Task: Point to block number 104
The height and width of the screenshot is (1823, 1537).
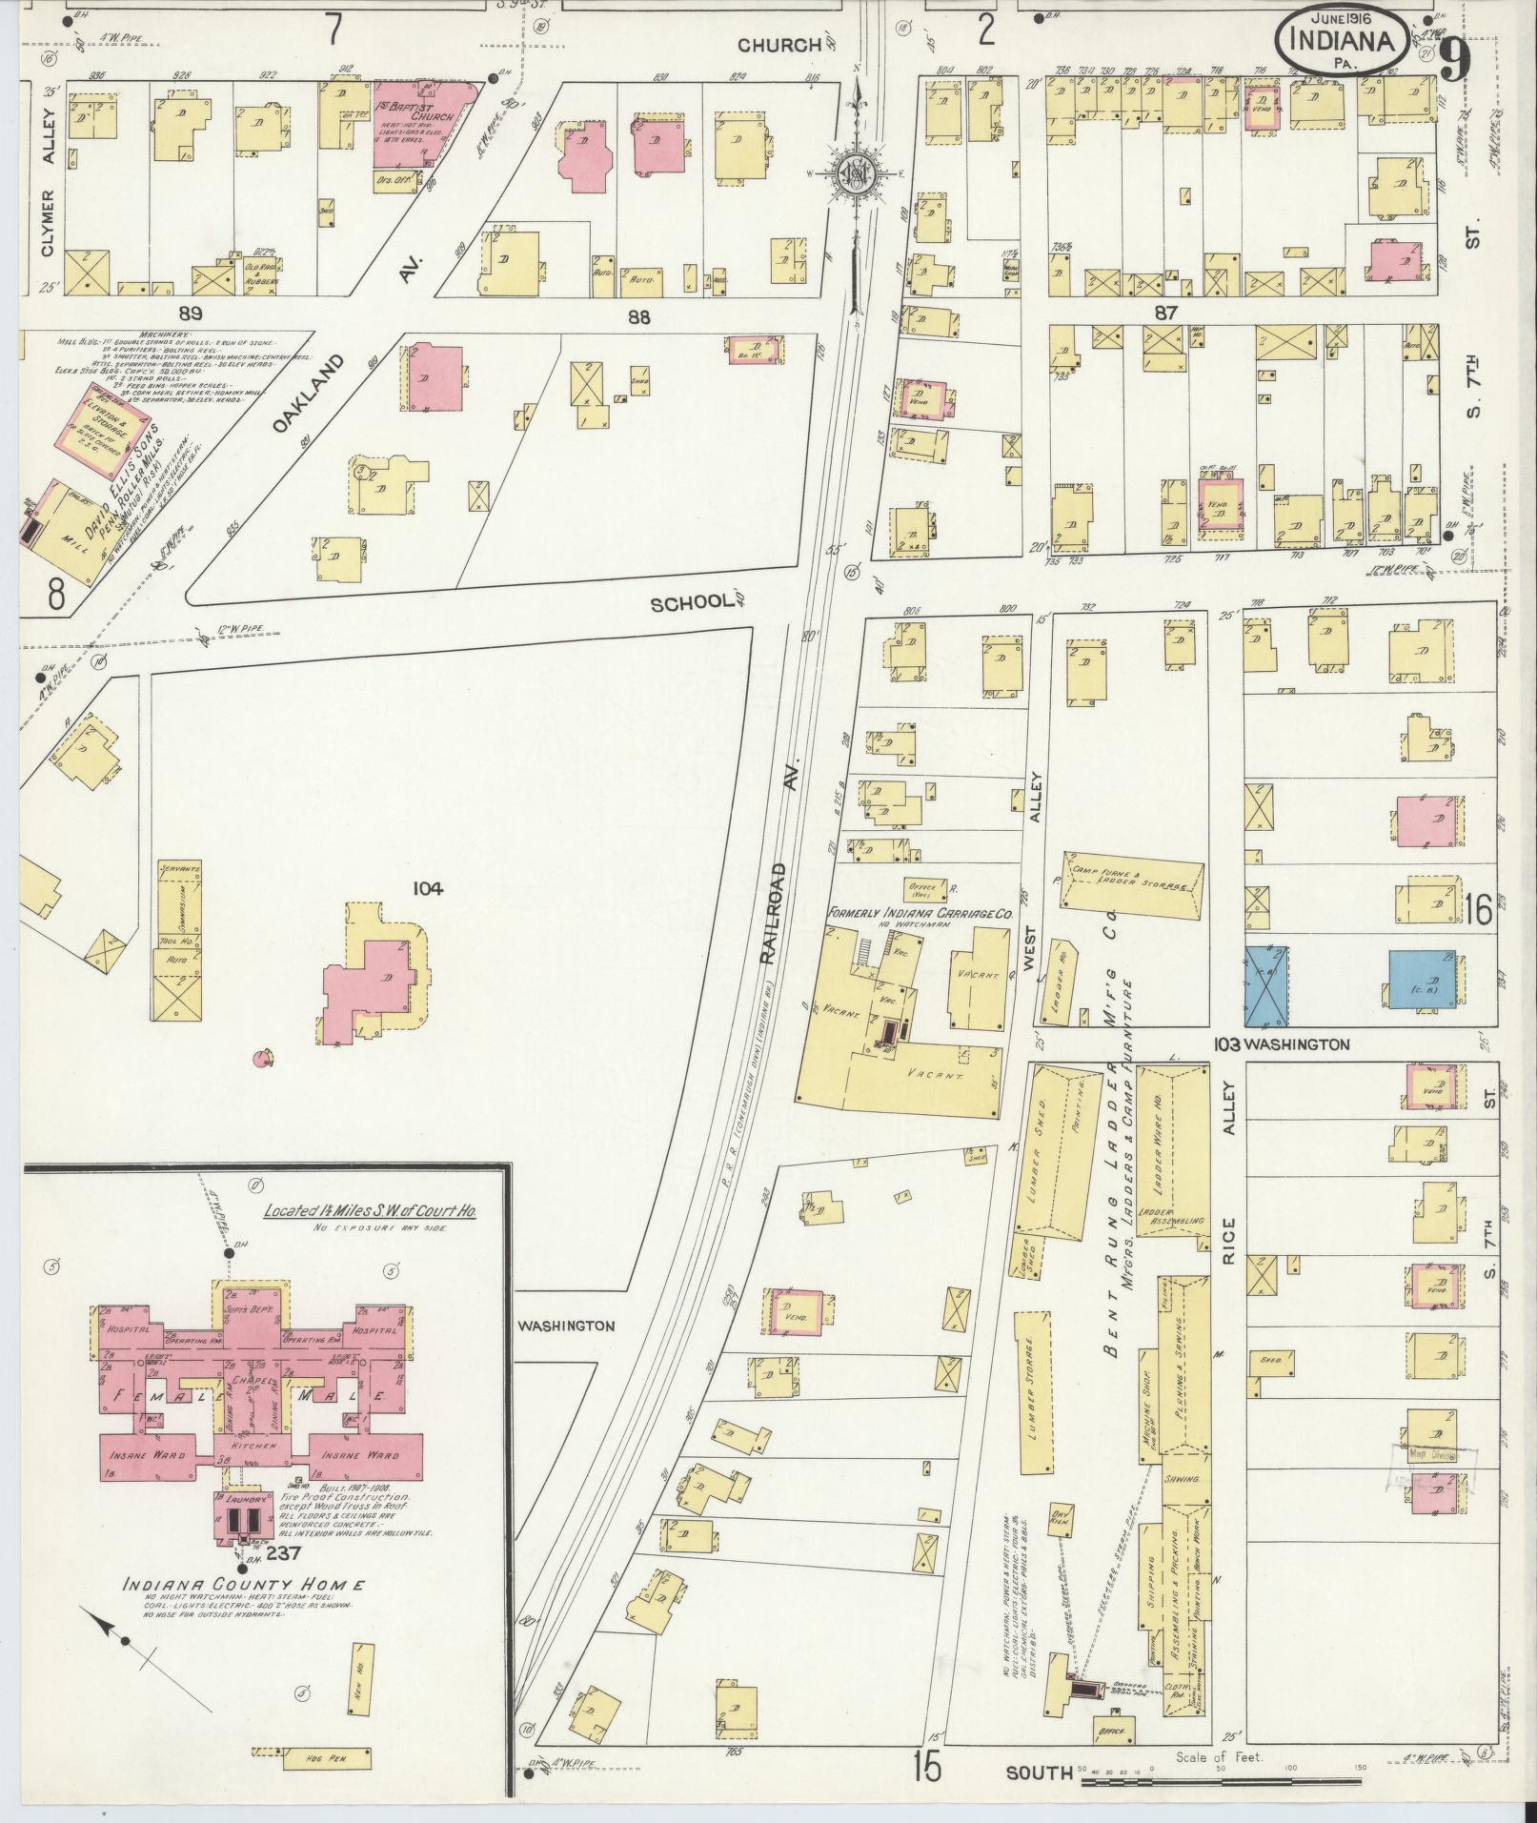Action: click(428, 889)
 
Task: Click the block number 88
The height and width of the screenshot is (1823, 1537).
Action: click(638, 317)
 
